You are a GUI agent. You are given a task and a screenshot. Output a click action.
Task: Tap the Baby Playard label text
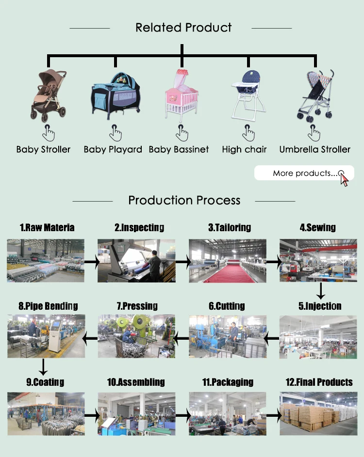(113, 149)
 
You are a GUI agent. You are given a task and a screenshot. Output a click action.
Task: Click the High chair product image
(246, 96)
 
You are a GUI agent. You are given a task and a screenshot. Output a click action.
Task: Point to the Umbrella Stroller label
(314, 149)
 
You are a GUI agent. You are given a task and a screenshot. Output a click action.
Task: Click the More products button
(304, 173)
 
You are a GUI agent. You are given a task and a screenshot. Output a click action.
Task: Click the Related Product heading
(183, 28)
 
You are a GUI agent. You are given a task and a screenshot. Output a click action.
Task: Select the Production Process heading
(184, 200)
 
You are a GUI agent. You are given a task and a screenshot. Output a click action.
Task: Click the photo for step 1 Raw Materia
(45, 260)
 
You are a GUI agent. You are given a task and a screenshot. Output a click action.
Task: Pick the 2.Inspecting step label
(139, 227)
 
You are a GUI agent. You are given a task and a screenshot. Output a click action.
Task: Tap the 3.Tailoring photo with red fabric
(227, 260)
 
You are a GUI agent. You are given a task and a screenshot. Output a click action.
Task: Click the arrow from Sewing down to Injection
(320, 291)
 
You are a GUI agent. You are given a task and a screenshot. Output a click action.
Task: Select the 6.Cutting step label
(227, 306)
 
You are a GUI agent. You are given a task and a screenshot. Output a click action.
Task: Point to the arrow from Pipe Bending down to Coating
(44, 367)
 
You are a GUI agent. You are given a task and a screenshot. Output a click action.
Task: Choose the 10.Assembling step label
(136, 382)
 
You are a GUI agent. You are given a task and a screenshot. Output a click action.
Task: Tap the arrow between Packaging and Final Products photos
(274, 415)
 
